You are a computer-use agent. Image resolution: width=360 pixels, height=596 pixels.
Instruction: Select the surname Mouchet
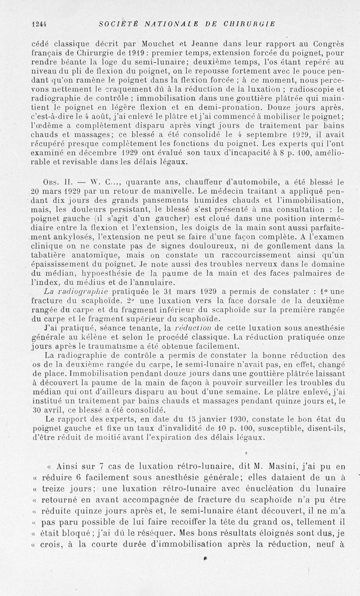pos(155,44)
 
